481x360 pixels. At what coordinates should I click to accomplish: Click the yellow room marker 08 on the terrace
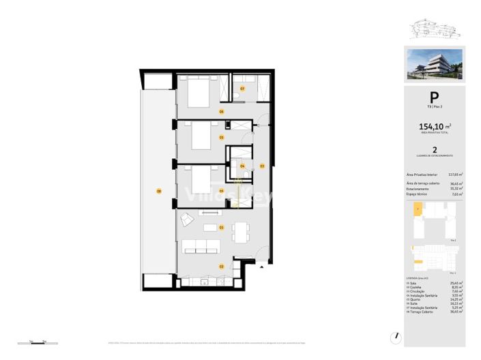[159, 191]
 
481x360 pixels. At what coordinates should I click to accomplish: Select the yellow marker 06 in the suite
[220, 111]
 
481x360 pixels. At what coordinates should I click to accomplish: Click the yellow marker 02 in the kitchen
[220, 266]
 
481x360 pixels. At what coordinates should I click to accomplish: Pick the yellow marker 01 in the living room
[220, 227]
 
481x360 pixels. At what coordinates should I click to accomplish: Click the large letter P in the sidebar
[433, 99]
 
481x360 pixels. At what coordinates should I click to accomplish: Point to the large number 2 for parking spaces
[433, 150]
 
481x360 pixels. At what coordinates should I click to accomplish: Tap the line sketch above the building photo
[434, 29]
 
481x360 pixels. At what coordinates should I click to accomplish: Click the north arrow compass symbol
[396, 336]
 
